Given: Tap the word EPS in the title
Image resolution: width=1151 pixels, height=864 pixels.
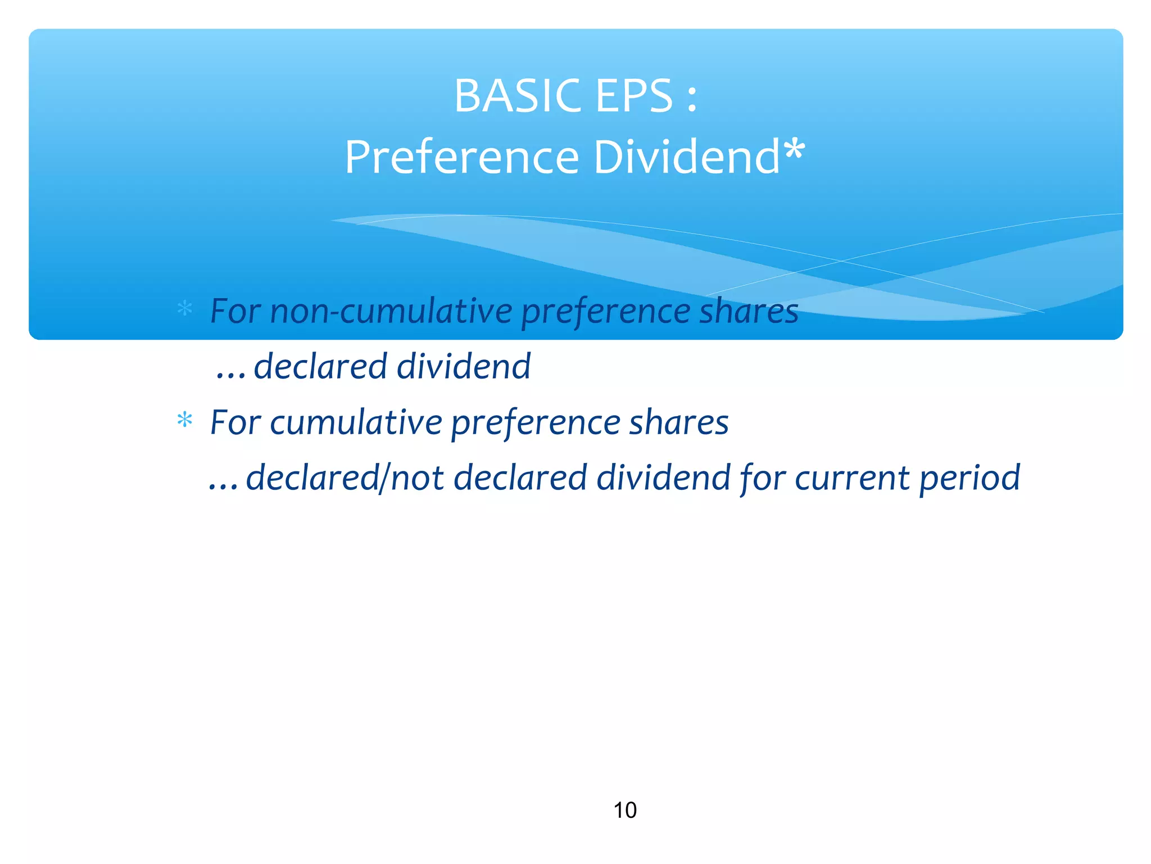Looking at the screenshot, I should [x=633, y=96].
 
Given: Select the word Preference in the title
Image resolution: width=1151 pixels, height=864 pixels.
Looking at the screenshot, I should [x=461, y=157].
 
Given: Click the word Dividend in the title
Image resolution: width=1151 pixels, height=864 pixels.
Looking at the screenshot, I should [x=686, y=157].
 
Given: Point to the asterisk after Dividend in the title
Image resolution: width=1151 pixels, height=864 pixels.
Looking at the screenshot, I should [x=794, y=151].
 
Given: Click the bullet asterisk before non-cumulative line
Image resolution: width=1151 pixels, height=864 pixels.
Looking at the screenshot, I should [x=184, y=309].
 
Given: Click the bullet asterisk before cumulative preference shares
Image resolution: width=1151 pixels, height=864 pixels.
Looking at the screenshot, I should [x=184, y=420].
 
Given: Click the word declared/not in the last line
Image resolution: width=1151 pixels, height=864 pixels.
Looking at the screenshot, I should [x=345, y=478].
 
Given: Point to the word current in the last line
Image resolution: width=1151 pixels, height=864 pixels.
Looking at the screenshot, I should [x=851, y=478].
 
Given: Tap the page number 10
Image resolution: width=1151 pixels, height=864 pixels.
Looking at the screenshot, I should [x=624, y=811].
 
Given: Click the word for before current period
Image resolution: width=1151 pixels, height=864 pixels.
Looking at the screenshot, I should [x=762, y=478].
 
